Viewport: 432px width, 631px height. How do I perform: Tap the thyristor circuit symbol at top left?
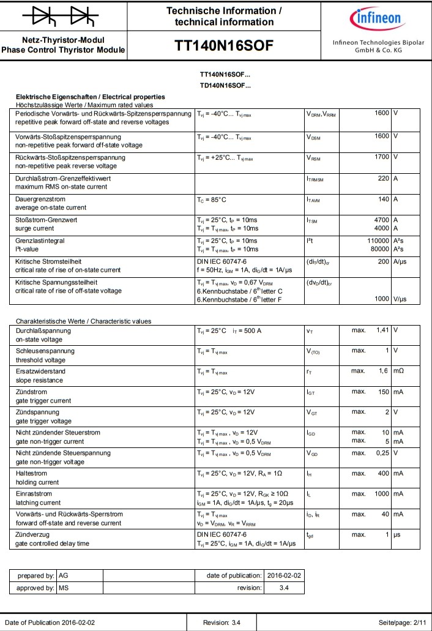pos(64,16)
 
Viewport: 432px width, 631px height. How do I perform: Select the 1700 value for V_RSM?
pos(381,157)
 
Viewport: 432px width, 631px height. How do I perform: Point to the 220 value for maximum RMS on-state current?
pos(383,177)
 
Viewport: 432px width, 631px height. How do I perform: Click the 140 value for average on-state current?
pos(383,199)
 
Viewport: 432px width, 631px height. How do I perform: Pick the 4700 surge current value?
pos(381,220)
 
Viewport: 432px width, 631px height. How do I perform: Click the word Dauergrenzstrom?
pos(40,199)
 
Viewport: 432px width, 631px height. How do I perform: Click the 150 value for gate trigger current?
pos(383,391)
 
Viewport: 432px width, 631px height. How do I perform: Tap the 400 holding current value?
pos(383,473)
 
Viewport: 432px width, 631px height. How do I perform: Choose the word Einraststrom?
pos(34,493)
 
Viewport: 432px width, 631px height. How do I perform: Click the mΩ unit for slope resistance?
pos(398,371)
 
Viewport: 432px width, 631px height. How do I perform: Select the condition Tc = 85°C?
pos(212,200)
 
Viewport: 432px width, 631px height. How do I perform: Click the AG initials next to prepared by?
pos(63,576)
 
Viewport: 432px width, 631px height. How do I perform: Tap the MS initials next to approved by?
pos(63,588)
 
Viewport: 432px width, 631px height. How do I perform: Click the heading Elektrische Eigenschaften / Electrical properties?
pos(90,97)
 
